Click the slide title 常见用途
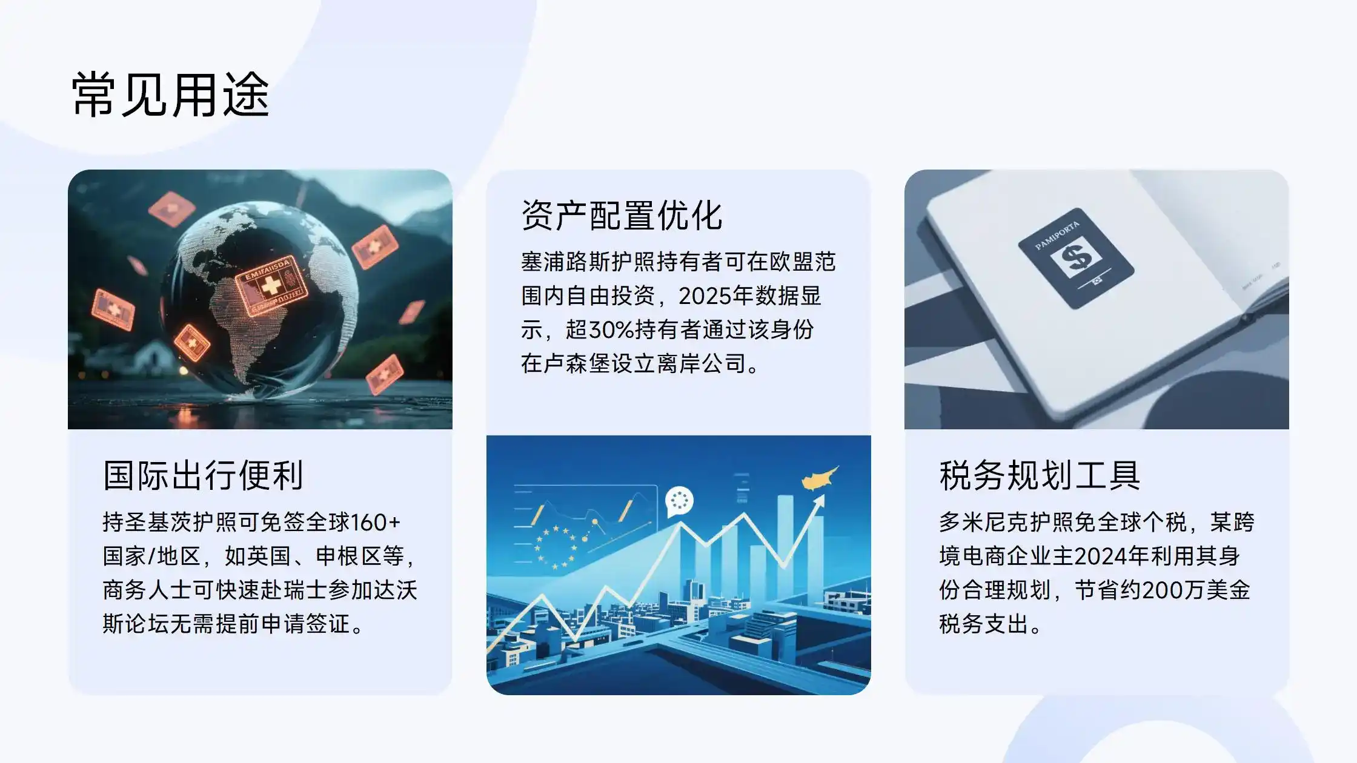(171, 94)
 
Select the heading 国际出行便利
(204, 475)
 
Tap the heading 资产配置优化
(622, 216)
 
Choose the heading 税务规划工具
(1040, 475)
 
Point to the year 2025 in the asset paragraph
(705, 296)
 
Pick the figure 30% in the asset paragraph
(611, 330)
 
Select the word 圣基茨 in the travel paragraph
(159, 522)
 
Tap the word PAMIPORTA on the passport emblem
(1057, 236)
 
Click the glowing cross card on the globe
(271, 286)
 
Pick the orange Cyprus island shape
(820, 478)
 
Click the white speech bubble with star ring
(679, 501)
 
